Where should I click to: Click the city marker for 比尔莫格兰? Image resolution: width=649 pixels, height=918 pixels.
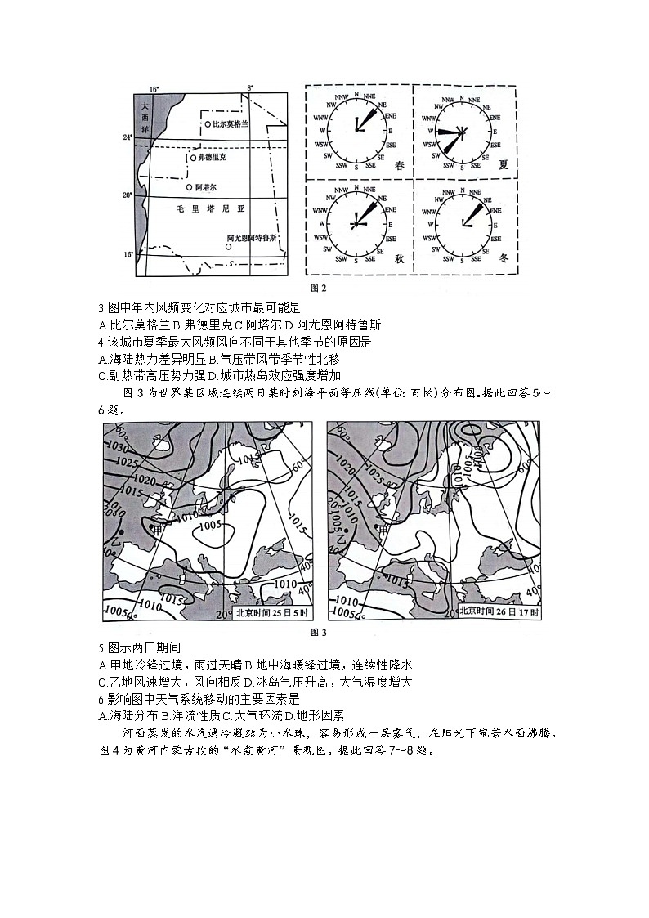point(207,124)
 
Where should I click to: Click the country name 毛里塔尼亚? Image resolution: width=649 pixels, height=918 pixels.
point(211,209)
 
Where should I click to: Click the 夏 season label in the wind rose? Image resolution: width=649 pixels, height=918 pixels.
point(504,164)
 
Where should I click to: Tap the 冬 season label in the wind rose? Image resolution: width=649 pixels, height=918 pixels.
point(504,256)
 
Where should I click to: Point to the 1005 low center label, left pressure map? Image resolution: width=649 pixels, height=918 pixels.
point(210,525)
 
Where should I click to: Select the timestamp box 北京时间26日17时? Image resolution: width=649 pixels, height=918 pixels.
point(499,611)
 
